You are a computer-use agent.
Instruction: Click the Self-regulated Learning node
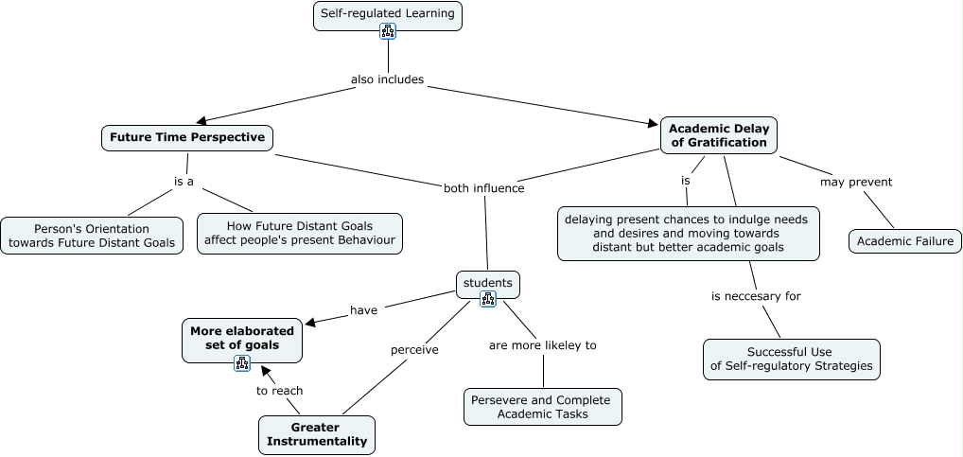click(x=388, y=14)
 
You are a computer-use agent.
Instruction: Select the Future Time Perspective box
click(x=187, y=137)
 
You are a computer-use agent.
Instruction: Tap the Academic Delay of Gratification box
click(x=719, y=135)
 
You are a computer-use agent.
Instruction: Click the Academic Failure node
click(x=905, y=241)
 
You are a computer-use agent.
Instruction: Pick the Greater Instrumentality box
click(x=317, y=435)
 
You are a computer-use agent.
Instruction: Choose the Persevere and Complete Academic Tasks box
click(x=543, y=407)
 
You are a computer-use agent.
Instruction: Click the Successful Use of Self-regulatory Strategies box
click(x=791, y=360)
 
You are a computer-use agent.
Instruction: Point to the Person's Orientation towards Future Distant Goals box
click(x=92, y=236)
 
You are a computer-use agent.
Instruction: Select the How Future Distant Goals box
click(x=300, y=234)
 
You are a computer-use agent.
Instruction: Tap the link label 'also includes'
click(x=387, y=79)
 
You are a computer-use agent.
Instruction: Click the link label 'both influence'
click(x=483, y=188)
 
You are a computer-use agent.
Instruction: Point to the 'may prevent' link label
click(x=856, y=182)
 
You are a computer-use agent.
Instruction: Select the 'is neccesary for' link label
click(x=756, y=296)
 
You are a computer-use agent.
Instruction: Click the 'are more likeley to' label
click(x=542, y=345)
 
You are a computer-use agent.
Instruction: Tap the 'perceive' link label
click(x=414, y=350)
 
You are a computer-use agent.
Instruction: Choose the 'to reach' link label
click(x=280, y=390)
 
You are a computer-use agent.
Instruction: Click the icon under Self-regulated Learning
click(x=388, y=31)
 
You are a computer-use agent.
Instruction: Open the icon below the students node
click(x=488, y=299)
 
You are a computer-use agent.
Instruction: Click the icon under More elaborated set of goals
click(x=242, y=362)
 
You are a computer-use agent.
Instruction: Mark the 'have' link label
click(x=364, y=309)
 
